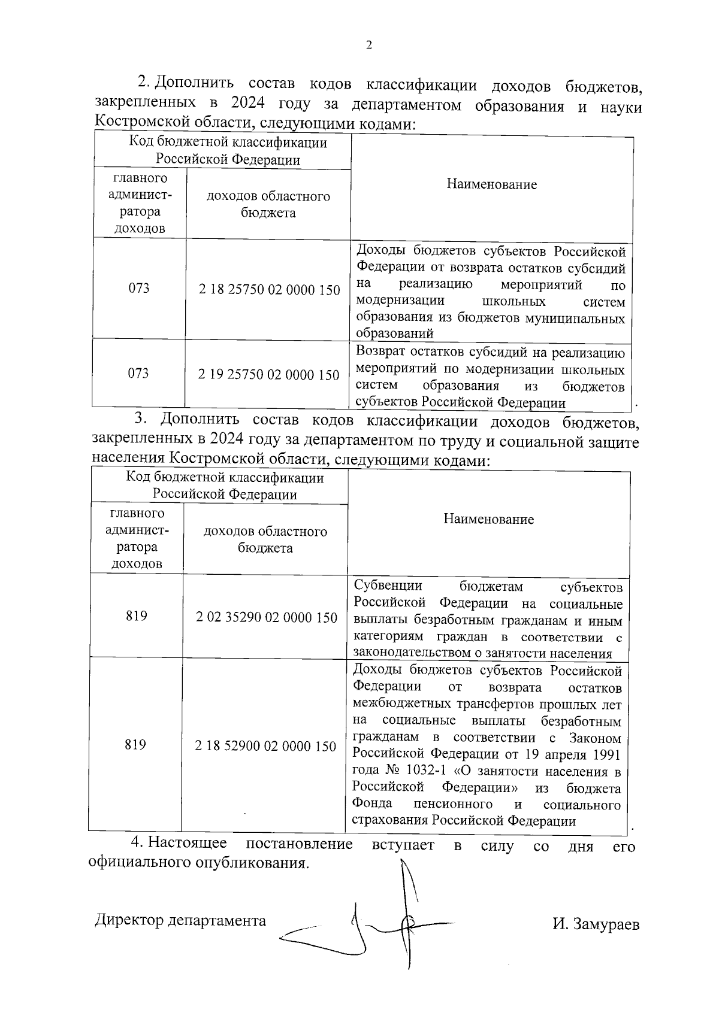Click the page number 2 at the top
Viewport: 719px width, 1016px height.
[368, 46]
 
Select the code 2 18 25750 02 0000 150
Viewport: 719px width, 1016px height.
[269, 290]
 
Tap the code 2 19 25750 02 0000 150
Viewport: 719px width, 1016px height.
[268, 375]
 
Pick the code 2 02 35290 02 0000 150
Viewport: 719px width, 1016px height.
[267, 618]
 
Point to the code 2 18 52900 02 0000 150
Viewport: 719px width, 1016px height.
[265, 747]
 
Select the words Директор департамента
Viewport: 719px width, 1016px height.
[180, 921]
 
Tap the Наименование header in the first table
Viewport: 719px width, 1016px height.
[491, 185]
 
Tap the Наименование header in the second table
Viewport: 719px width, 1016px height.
[488, 520]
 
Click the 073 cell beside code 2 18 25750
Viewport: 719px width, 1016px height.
[139, 289]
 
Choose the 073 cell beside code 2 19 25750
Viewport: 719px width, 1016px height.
[138, 374]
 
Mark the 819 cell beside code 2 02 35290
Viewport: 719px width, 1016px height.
[137, 616]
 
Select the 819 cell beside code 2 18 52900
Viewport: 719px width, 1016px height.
[135, 745]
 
